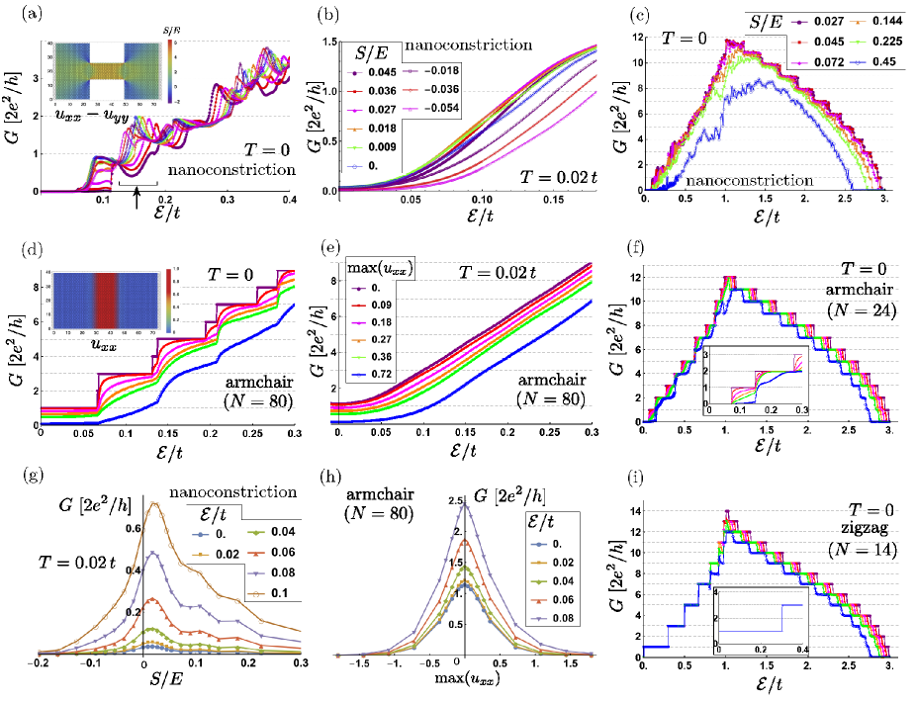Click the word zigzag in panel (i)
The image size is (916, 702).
(x=871, y=528)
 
